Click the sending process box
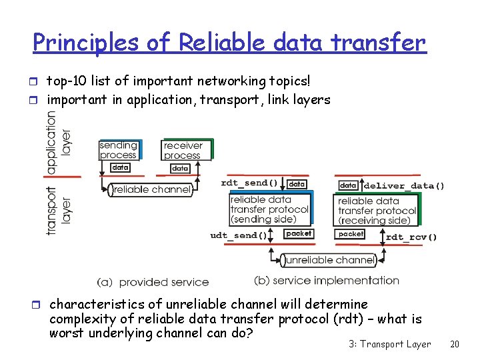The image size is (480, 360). pyautogui.click(x=118, y=150)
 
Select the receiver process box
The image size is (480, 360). pyautogui.click(x=183, y=150)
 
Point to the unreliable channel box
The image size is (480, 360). pyautogui.click(x=328, y=259)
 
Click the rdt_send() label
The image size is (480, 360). pyautogui.click(x=249, y=183)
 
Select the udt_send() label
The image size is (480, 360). pyautogui.click(x=239, y=235)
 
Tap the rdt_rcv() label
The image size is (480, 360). pyautogui.click(x=411, y=236)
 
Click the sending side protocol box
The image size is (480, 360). pyautogui.click(x=269, y=209)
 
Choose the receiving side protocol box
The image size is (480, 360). pyautogui.click(x=377, y=211)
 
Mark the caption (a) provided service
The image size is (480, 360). pyautogui.click(x=153, y=282)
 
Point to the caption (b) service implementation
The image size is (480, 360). pyautogui.click(x=327, y=280)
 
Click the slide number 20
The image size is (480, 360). pyautogui.click(x=455, y=344)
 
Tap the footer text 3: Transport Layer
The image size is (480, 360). pyautogui.click(x=390, y=344)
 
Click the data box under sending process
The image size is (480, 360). pyautogui.click(x=120, y=167)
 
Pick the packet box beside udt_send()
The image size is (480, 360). pyautogui.click(x=298, y=234)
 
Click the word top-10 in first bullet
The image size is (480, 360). pyautogui.click(x=64, y=81)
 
